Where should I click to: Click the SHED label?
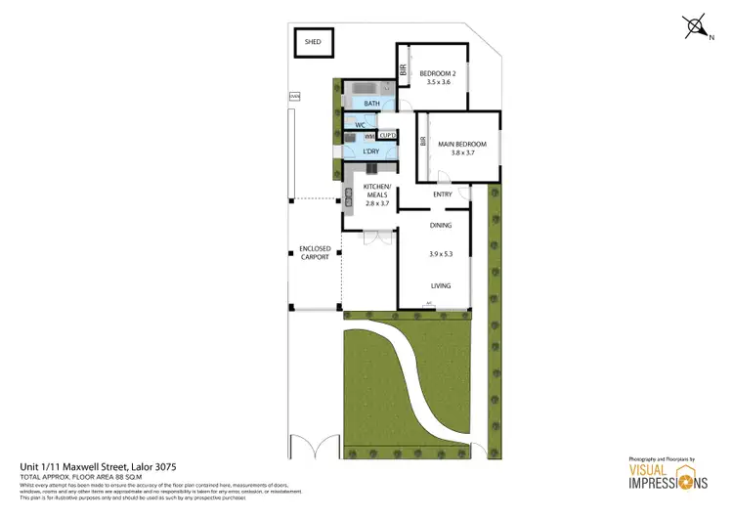click(x=313, y=43)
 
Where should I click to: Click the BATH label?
click(x=371, y=103)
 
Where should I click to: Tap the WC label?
click(x=361, y=125)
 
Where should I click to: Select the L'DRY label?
click(x=370, y=151)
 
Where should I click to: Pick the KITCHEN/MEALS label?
click(x=376, y=191)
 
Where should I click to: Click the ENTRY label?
click(x=442, y=194)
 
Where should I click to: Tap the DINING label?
click(x=441, y=226)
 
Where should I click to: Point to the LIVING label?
click(x=441, y=285)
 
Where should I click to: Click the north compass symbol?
click(x=695, y=27)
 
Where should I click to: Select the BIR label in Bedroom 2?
click(x=404, y=69)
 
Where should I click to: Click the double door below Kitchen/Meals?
click(x=370, y=237)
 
